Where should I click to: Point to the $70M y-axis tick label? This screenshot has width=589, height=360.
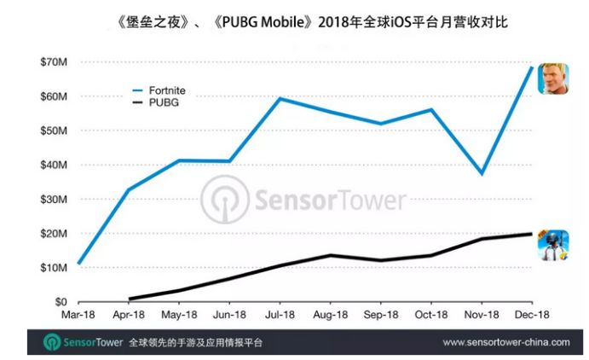tap(50, 61)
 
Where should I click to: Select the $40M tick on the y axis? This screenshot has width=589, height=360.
tap(50, 165)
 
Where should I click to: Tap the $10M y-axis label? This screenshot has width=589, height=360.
tap(50, 268)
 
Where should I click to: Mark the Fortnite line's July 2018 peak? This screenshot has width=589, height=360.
tap(280, 98)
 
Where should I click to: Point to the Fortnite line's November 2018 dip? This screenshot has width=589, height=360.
tap(482, 173)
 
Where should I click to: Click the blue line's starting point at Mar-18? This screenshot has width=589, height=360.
tap(78, 264)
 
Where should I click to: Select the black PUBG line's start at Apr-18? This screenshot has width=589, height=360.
tap(130, 299)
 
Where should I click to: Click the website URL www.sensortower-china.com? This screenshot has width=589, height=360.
tap(506, 341)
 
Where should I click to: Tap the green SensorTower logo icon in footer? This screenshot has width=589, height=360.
tap(51, 341)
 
